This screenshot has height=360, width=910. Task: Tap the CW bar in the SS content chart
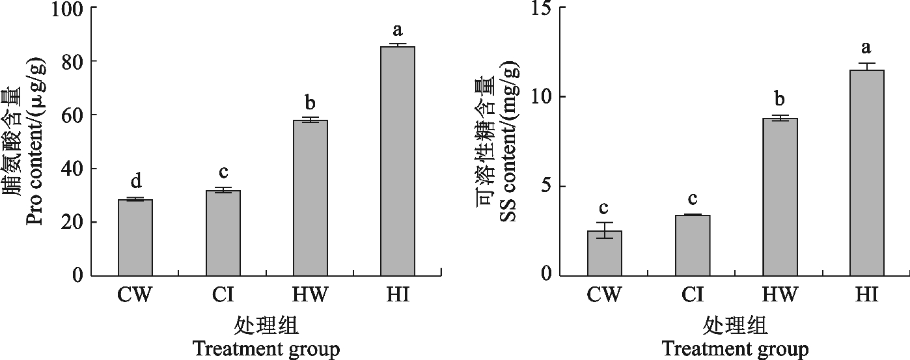tap(605, 253)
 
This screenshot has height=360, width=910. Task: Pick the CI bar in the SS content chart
tap(693, 245)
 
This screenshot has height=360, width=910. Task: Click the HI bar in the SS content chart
tap(867, 173)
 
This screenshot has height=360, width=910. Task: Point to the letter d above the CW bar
tap(135, 180)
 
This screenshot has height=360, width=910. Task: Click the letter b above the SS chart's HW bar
tap(780, 100)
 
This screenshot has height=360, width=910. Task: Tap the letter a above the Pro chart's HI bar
tap(398, 29)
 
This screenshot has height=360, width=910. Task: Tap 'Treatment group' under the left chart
tap(266, 350)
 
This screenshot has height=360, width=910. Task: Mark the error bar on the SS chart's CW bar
tap(605, 230)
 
